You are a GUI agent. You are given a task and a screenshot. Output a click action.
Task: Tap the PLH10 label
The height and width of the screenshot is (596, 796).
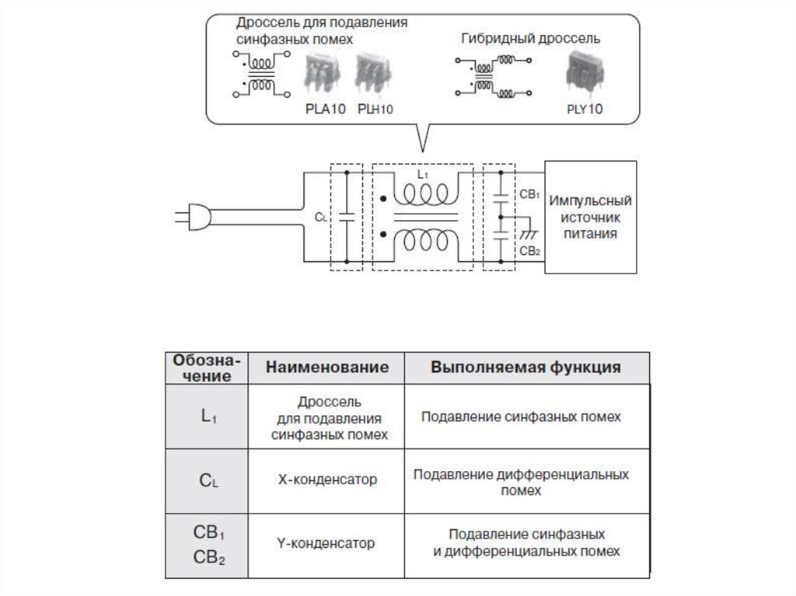click(x=375, y=110)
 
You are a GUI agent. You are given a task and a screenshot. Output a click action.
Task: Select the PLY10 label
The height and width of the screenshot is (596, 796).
click(x=585, y=110)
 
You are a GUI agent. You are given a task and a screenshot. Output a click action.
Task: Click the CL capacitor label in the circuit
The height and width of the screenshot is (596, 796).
click(x=320, y=218)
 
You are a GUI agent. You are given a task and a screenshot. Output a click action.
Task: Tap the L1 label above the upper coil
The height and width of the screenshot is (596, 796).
click(x=422, y=176)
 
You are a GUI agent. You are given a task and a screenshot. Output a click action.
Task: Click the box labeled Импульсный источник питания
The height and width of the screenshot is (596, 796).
click(x=591, y=217)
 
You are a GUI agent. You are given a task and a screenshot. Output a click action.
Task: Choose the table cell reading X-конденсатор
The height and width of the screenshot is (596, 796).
click(x=327, y=479)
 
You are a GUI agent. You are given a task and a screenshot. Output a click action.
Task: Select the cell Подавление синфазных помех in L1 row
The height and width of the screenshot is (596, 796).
click(x=521, y=417)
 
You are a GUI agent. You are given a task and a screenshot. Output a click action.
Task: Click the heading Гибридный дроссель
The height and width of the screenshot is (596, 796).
click(x=530, y=38)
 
